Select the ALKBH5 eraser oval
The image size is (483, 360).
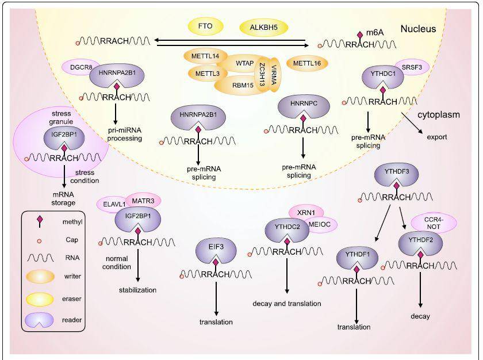(263, 27)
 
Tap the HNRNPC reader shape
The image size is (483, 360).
(302, 108)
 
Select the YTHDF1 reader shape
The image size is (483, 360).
(356, 257)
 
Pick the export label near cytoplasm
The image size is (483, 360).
(438, 137)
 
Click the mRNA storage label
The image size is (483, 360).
(64, 198)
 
